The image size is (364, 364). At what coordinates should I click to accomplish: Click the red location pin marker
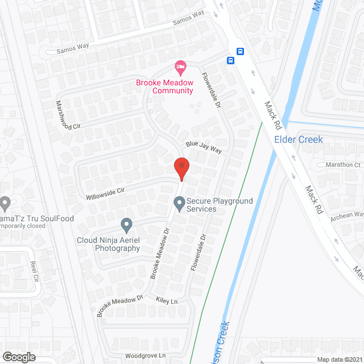point(181,168)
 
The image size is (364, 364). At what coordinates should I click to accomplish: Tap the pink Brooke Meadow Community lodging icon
point(180,68)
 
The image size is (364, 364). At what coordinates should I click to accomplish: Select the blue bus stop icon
point(231,60)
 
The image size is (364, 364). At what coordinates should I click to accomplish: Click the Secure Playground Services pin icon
point(180,202)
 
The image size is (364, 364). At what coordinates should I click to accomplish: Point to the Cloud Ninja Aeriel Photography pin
point(126,226)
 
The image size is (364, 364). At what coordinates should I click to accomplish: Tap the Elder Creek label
point(298,139)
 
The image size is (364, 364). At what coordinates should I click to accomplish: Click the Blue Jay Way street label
point(202,148)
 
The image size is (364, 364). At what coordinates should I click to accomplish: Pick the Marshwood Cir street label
point(67,114)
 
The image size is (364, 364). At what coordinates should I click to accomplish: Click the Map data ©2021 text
point(339,359)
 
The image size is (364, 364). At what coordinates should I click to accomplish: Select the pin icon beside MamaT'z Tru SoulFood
point(6,202)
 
